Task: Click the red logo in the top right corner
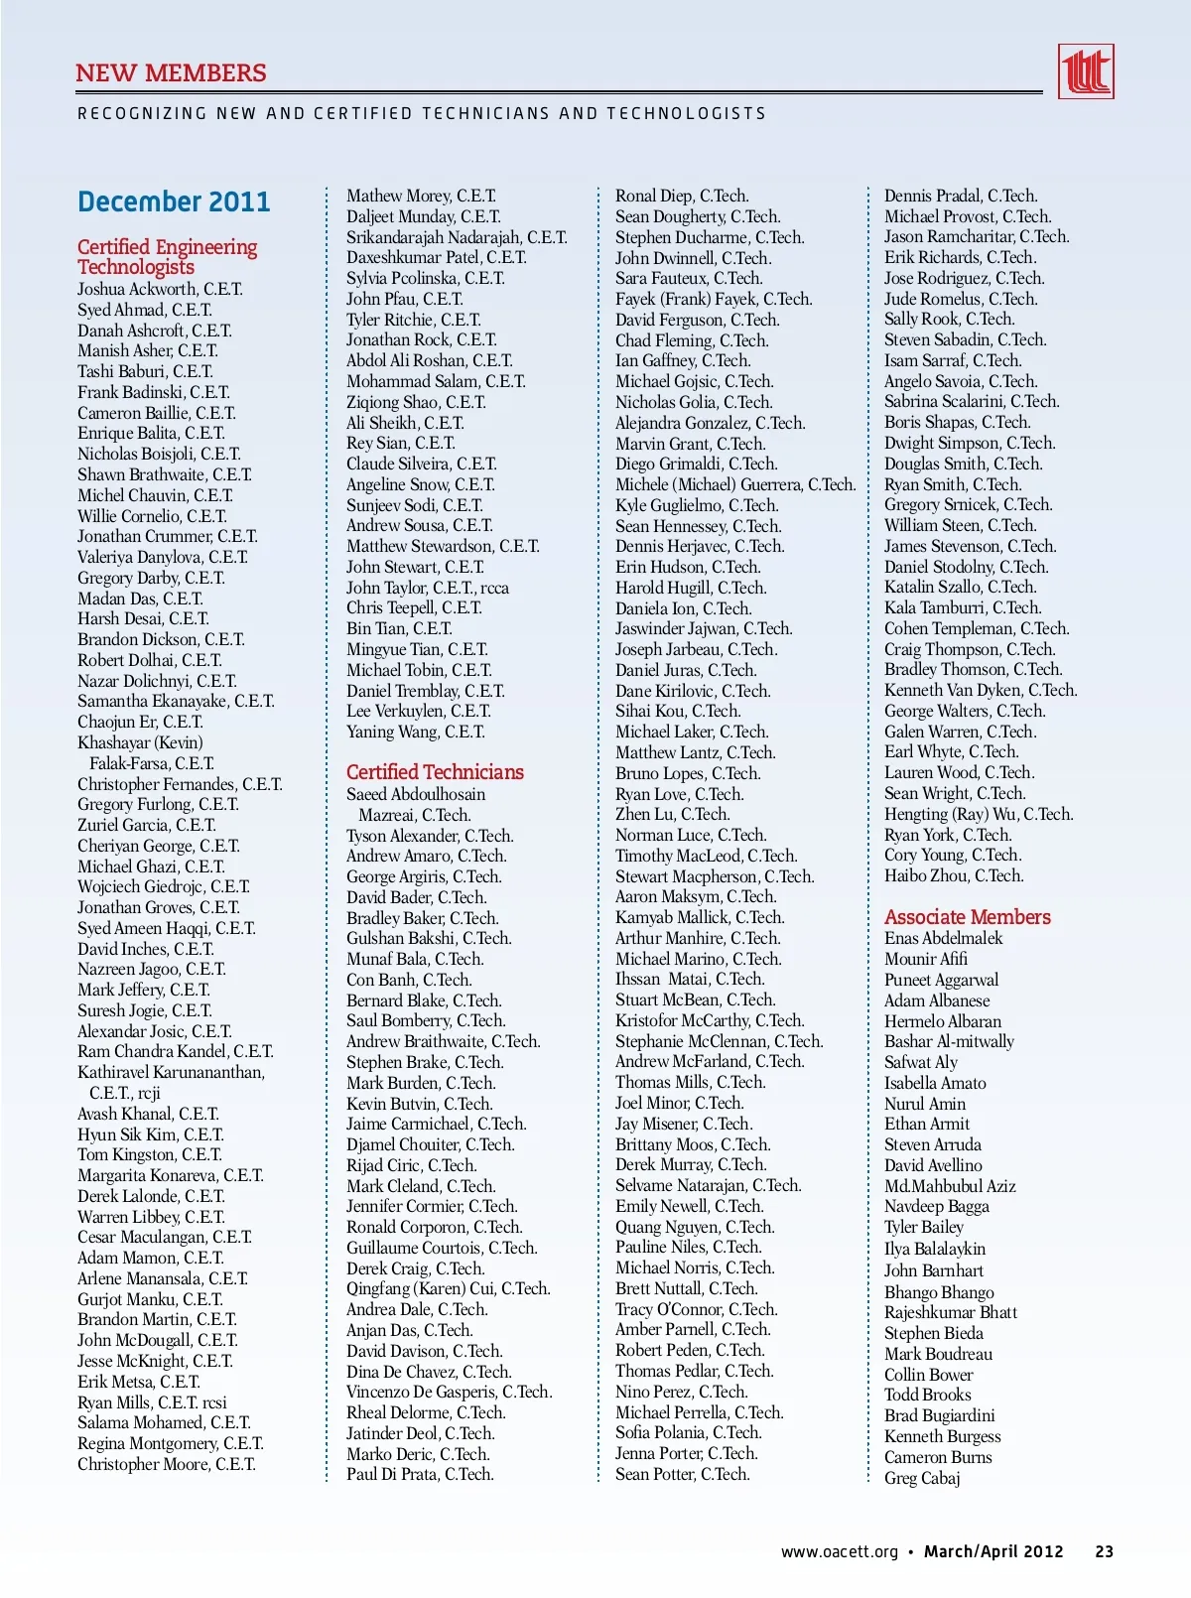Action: coord(1085,71)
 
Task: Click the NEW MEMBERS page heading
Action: coord(171,73)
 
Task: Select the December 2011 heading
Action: coord(174,202)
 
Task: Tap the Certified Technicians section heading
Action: coord(435,772)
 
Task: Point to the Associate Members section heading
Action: coord(967,917)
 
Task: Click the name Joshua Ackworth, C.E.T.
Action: coord(160,289)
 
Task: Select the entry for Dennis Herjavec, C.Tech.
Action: coord(699,546)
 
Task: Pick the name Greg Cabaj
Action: coord(922,1478)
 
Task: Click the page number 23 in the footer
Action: coord(1104,1552)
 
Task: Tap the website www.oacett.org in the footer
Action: coord(839,1552)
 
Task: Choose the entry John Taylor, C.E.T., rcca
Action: coord(427,588)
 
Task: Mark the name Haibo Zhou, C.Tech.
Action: coord(953,875)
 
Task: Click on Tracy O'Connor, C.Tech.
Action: coord(696,1309)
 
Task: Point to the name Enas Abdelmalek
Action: coord(943,938)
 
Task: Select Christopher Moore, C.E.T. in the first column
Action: coord(166,1464)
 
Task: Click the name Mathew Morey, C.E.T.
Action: coord(421,196)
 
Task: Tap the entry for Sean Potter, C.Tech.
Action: coord(682,1474)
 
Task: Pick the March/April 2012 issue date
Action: coord(993,1552)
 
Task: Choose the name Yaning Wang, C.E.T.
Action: coord(415,732)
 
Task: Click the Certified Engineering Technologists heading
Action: coord(167,256)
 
